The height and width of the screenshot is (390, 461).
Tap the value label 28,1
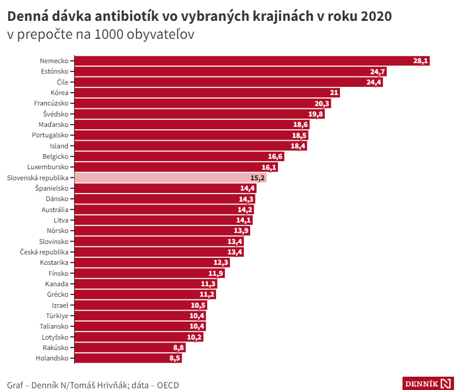pyautogui.click(x=420, y=61)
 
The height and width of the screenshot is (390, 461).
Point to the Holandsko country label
pyautogui.click(x=53, y=358)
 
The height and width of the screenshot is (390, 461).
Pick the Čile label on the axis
pyautogui.click(x=63, y=82)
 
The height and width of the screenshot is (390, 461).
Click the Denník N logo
pyautogui.click(x=428, y=384)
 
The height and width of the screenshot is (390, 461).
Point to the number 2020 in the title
pyautogui.click(x=376, y=16)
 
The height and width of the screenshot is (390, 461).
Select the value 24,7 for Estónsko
pyautogui.click(x=378, y=72)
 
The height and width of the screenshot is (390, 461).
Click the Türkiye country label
pyautogui.click(x=57, y=316)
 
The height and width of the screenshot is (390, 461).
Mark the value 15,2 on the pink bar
pyautogui.click(x=258, y=178)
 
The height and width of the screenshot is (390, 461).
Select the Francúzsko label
pyautogui.click(x=52, y=103)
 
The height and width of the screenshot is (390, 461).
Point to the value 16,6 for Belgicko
pyautogui.click(x=275, y=156)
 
